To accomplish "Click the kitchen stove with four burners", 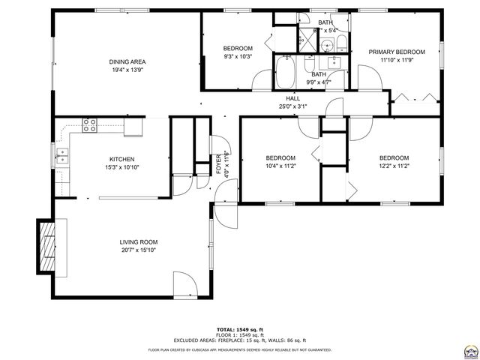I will (90, 125).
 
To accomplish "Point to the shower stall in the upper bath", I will (308, 40).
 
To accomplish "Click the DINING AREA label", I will (127, 61).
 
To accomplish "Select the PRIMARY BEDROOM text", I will (396, 52).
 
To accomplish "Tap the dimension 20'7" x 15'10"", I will (139, 251).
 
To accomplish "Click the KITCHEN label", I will (121, 159).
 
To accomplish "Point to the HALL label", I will (292, 98).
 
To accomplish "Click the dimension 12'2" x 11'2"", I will (393, 166).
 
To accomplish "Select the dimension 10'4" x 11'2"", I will (281, 166).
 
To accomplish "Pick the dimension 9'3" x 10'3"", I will (237, 57).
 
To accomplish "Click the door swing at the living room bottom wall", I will (184, 283).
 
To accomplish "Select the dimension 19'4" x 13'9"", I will (127, 70).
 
